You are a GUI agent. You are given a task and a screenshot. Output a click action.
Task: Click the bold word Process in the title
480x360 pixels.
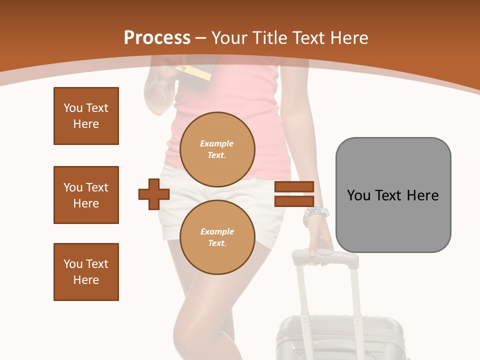(x=157, y=38)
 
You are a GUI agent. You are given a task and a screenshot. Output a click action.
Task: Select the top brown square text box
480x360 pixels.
(x=86, y=116)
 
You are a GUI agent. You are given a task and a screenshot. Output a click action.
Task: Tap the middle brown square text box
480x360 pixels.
(x=86, y=195)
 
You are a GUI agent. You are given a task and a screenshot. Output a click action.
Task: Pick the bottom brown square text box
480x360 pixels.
(x=86, y=272)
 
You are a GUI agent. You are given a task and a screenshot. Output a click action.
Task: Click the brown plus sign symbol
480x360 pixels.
(x=153, y=194)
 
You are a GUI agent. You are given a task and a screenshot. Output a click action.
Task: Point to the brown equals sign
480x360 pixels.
(x=294, y=194)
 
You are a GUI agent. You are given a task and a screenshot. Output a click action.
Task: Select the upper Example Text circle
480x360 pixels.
(x=217, y=149)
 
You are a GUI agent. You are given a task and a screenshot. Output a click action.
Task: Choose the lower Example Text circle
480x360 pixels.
(x=217, y=237)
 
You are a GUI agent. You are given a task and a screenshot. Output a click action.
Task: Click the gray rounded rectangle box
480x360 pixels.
(x=393, y=195)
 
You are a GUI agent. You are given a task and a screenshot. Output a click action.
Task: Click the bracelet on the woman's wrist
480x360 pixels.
(x=315, y=215)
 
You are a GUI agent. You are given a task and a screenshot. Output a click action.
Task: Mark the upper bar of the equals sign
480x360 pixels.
(x=294, y=187)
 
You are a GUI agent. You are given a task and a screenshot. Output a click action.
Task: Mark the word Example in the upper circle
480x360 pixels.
(x=217, y=143)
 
